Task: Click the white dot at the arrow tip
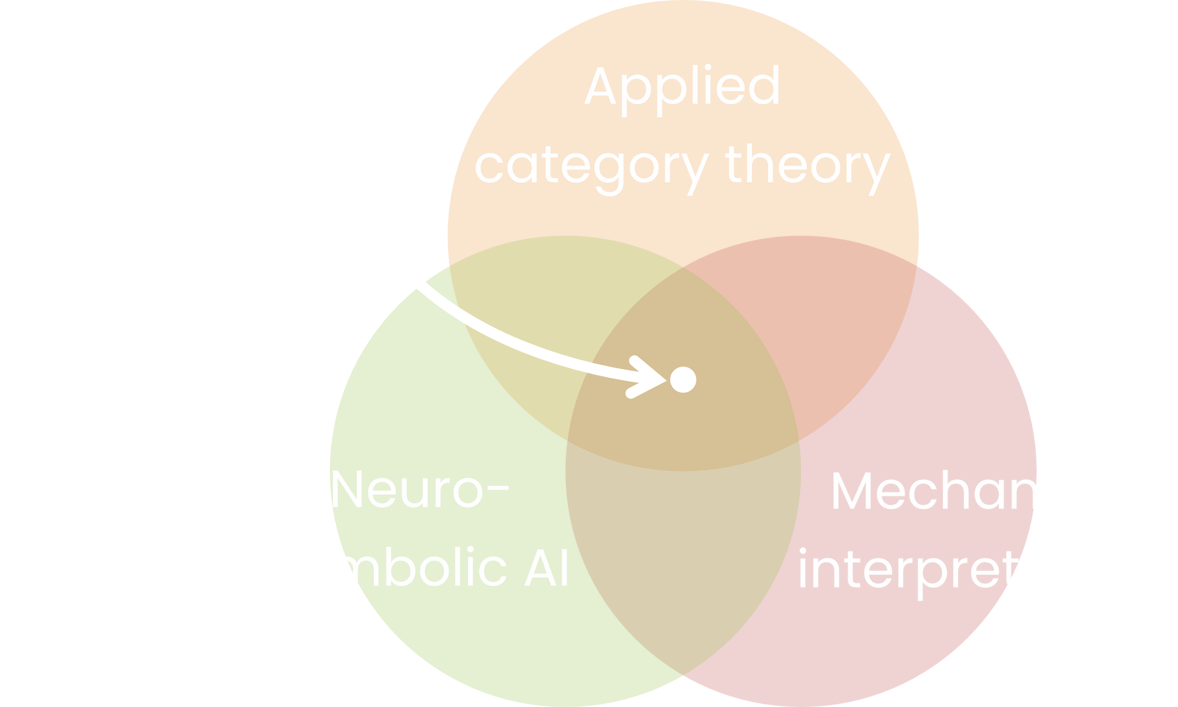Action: click(x=683, y=379)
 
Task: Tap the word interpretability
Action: click(x=987, y=571)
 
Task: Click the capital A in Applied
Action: click(x=602, y=86)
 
